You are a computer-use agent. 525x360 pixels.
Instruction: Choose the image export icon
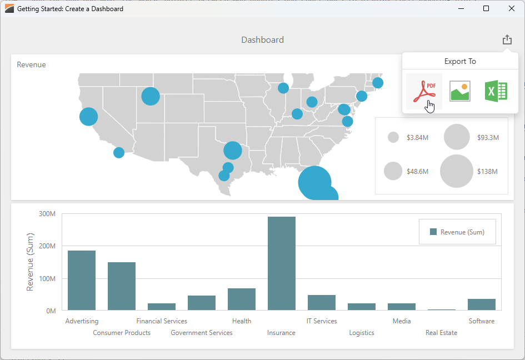[x=460, y=91]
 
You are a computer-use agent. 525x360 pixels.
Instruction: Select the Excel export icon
[x=496, y=91]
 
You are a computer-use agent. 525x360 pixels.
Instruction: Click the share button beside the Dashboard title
[x=507, y=40]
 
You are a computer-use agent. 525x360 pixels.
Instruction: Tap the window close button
[x=512, y=8]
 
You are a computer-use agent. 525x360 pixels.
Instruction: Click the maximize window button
[x=486, y=8]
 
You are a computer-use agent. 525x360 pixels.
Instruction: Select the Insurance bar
[x=282, y=263]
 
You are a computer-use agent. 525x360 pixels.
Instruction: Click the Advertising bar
[x=82, y=280]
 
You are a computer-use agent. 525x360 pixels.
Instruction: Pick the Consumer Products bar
[x=122, y=286]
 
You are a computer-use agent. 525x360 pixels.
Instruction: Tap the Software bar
[x=482, y=304]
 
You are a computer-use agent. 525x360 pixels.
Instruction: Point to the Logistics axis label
[x=362, y=333]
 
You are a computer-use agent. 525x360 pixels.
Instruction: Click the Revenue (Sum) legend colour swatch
[x=433, y=232]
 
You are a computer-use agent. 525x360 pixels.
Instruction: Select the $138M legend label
[x=487, y=172]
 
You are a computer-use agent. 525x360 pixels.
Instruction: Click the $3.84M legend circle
[x=393, y=137]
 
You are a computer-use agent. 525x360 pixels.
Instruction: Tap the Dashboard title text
[x=262, y=40]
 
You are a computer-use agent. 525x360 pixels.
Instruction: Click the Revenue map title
[x=31, y=64]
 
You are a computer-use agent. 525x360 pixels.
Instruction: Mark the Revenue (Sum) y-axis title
[x=31, y=262]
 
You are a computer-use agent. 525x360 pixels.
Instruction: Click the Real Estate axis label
[x=441, y=333]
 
